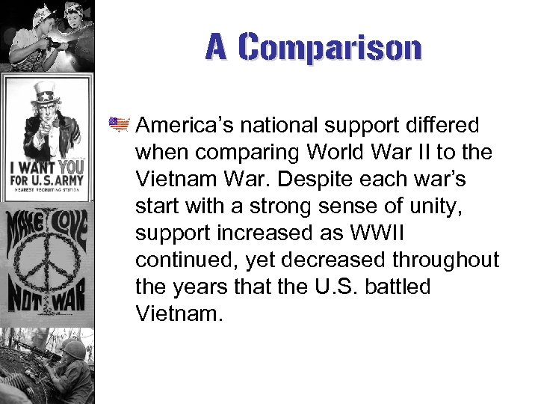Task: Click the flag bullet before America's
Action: tap(119, 123)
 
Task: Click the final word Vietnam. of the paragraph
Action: tap(179, 313)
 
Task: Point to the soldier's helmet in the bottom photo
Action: tap(72, 349)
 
